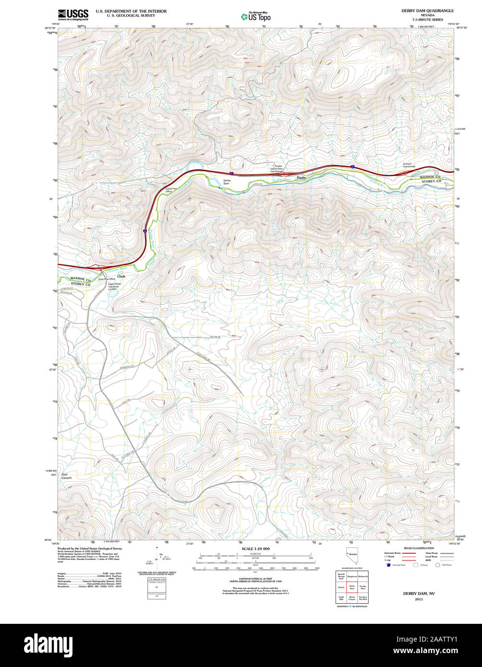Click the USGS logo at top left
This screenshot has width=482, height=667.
[72, 14]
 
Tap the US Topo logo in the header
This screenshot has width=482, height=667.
[256, 17]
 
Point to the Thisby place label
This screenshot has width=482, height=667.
[301, 178]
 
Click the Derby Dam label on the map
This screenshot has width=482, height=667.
[227, 182]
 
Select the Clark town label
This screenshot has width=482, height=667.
[121, 276]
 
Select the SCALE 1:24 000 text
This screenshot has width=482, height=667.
[255, 548]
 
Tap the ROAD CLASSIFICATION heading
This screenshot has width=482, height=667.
[419, 548]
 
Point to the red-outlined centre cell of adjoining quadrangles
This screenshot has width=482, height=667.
[352, 587]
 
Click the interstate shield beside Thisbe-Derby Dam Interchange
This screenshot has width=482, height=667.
[231, 173]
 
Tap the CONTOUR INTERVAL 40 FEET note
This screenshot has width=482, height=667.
[255, 579]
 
